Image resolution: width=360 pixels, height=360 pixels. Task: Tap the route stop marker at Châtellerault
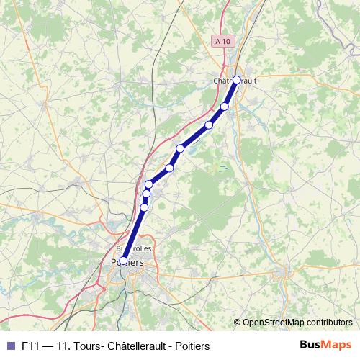tap(236, 80)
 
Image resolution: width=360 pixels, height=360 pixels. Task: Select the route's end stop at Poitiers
tap(123, 261)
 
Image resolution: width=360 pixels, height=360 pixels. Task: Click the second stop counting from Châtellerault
tap(224, 107)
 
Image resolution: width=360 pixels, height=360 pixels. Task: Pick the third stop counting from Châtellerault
tap(210, 125)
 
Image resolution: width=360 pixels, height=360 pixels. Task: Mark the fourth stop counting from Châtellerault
tap(180, 148)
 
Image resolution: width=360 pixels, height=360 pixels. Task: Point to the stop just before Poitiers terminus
tap(144, 207)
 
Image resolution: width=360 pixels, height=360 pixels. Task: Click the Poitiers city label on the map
tap(128, 264)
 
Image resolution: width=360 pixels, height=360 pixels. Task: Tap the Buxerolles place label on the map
tap(134, 248)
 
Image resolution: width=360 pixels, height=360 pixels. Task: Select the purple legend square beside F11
tap(10, 345)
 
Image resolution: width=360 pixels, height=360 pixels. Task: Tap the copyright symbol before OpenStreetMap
tap(238, 323)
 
